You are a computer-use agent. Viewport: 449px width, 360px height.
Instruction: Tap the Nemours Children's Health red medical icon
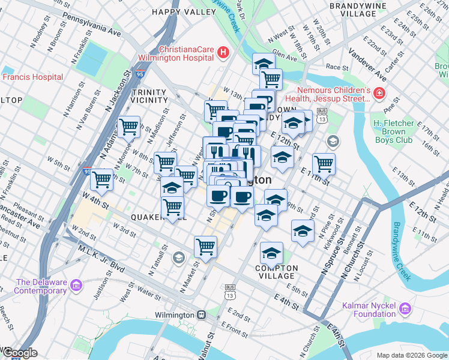tap(379, 94)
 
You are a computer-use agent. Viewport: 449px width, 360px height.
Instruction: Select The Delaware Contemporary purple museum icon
tap(76, 284)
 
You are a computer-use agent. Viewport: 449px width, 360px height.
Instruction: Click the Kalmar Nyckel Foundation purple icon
tap(405, 309)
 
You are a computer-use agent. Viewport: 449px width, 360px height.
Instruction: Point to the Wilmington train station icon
tap(202, 314)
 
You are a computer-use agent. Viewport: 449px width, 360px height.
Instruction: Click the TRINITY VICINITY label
tap(148, 96)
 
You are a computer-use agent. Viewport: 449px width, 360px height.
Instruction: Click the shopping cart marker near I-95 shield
tap(101, 179)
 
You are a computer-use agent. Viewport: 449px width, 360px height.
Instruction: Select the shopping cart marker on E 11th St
tap(324, 163)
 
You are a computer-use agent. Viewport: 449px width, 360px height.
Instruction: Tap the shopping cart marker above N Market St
tap(205, 246)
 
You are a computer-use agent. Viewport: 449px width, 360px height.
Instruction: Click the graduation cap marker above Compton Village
tap(271, 252)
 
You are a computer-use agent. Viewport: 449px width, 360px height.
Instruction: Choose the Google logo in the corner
tap(20, 353)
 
